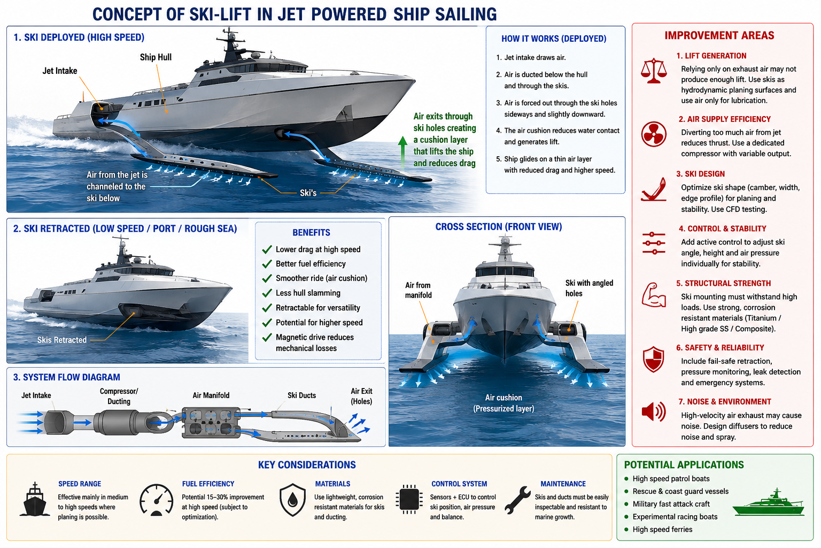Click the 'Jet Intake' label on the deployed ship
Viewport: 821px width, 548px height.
(60, 71)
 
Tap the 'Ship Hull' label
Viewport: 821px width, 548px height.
(156, 57)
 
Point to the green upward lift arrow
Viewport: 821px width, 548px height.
(403, 152)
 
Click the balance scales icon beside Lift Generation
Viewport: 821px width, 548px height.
(654, 71)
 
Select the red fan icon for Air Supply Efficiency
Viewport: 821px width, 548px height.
(654, 134)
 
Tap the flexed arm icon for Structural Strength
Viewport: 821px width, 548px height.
(654, 295)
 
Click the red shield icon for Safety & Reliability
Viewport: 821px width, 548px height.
(654, 359)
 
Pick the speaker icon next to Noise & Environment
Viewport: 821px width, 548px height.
(654, 412)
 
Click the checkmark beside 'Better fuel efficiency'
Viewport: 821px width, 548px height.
(267, 264)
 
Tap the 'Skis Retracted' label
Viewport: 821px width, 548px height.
(62, 340)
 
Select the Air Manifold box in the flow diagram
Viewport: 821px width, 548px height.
(211, 422)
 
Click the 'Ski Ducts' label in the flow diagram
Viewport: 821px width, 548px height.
(301, 395)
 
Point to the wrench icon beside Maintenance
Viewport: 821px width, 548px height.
(517, 499)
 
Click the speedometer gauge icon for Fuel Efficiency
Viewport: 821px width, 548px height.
(157, 500)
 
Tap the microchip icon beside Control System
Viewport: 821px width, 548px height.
(409, 499)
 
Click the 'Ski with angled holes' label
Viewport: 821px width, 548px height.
(589, 288)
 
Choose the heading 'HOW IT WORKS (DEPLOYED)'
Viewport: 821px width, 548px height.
(554, 39)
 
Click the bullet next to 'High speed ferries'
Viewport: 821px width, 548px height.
(626, 529)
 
